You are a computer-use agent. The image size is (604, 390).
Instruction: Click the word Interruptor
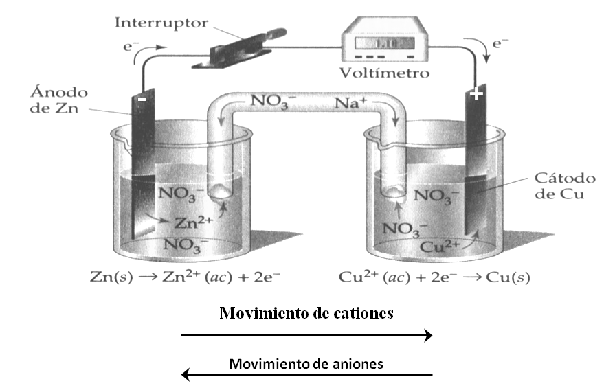point(161,22)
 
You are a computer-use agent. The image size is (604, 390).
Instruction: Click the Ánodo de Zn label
point(59,100)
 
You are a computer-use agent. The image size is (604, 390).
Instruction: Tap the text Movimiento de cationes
point(306,314)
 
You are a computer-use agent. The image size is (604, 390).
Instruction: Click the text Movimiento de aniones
point(306,363)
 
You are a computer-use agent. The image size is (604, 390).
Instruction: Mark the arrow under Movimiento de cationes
point(306,335)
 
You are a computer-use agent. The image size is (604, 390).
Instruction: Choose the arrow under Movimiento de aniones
point(306,375)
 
